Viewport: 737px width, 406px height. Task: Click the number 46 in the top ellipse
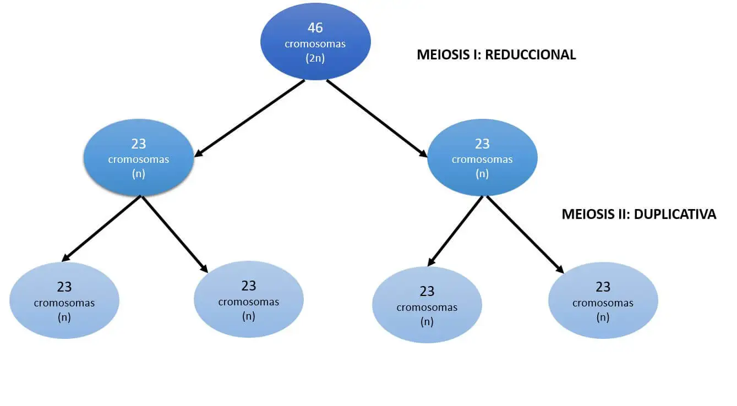click(x=315, y=28)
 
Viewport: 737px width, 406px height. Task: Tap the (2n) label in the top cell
click(x=315, y=58)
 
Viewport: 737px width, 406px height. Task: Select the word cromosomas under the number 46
click(x=315, y=43)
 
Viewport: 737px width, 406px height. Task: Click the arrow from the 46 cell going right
click(x=378, y=119)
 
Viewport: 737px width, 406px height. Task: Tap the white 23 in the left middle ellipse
click(x=138, y=144)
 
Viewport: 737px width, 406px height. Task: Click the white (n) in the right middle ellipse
click(x=482, y=174)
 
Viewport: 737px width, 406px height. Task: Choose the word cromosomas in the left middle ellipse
click(x=138, y=160)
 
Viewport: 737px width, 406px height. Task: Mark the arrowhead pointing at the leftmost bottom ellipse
click(x=65, y=258)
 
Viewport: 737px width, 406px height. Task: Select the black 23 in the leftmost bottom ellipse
click(x=64, y=287)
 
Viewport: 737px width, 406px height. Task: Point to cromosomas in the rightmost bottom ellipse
click(x=603, y=303)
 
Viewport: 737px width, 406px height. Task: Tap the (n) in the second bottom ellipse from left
click(x=249, y=316)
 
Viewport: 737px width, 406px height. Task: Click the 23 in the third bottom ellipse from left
click(x=427, y=291)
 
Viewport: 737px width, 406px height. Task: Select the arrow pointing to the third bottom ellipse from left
click(x=455, y=232)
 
